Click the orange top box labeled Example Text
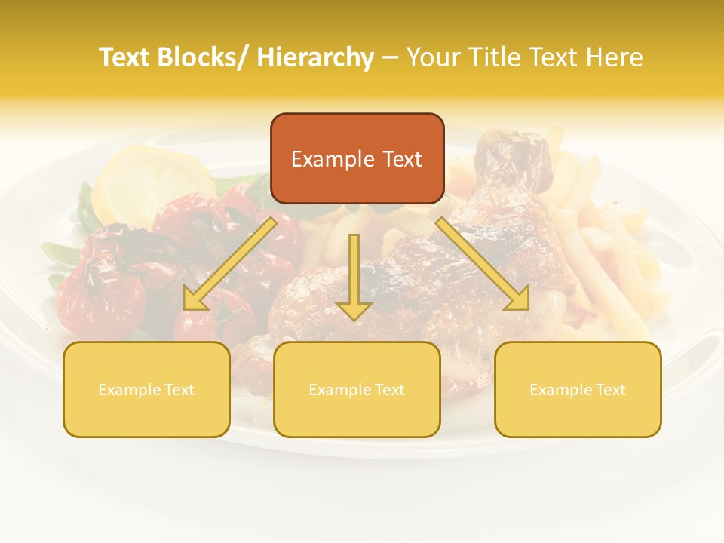pyautogui.click(x=357, y=158)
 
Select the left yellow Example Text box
pyautogui.click(x=146, y=389)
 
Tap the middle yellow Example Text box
pyautogui.click(x=357, y=389)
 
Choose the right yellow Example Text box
pyautogui.click(x=578, y=389)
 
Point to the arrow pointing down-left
pyautogui.click(x=230, y=264)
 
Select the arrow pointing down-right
pyautogui.click(x=483, y=264)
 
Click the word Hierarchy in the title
pyautogui.click(x=314, y=57)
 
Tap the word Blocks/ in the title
pyautogui.click(x=206, y=57)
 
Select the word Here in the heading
pyautogui.click(x=615, y=57)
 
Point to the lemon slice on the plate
pyautogui.click(x=155, y=181)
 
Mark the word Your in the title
pyautogui.click(x=432, y=57)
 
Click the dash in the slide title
pyautogui.click(x=390, y=57)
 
